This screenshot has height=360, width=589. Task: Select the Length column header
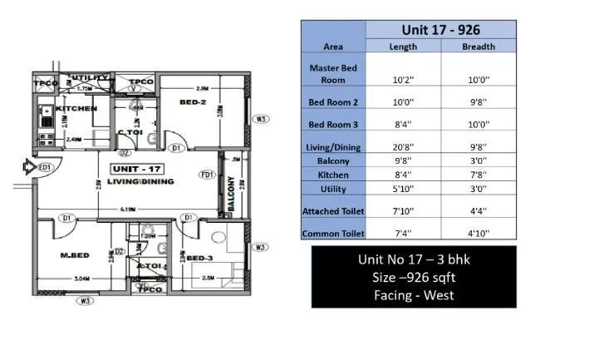pyautogui.click(x=403, y=47)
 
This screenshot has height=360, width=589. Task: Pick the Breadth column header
pyautogui.click(x=478, y=47)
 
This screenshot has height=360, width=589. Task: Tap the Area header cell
pyautogui.click(x=333, y=47)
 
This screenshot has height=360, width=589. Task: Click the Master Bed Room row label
pyautogui.click(x=333, y=73)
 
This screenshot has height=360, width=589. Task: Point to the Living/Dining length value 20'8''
pyautogui.click(x=403, y=146)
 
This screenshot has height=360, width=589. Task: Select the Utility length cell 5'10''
pyautogui.click(x=403, y=190)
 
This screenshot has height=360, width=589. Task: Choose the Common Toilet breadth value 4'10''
pyautogui.click(x=478, y=234)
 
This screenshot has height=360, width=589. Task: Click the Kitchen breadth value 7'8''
pyautogui.click(x=478, y=175)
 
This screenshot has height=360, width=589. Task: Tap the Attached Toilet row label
pyautogui.click(x=333, y=211)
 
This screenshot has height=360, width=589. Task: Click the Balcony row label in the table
pyautogui.click(x=333, y=160)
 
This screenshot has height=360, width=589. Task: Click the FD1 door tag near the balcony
pyautogui.click(x=207, y=175)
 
